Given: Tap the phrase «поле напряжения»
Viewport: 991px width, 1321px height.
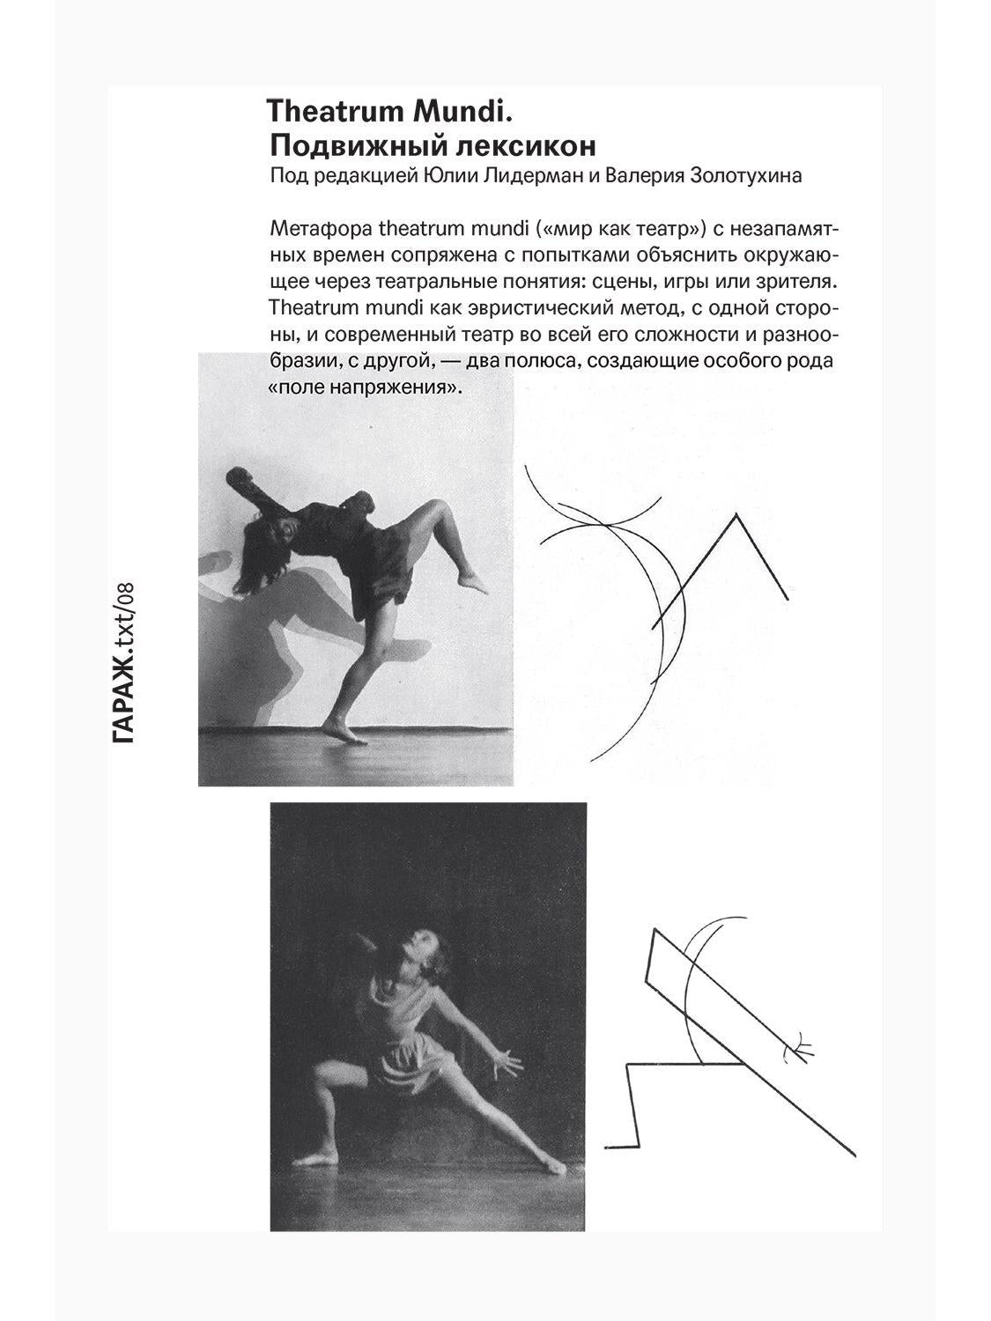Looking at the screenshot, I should tap(364, 387).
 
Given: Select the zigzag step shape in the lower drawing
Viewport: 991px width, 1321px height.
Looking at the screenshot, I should tap(639, 1101).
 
